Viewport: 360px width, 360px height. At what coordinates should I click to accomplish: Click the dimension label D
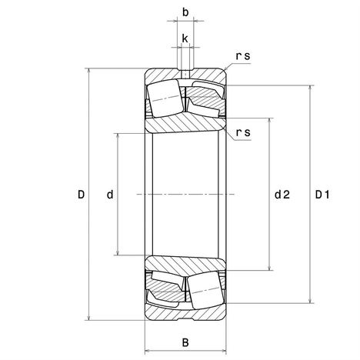point(81,195)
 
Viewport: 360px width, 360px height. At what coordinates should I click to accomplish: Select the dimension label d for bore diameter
point(110,195)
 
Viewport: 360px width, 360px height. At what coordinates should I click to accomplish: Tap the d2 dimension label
point(282,195)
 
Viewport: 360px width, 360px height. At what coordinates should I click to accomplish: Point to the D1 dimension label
point(322,195)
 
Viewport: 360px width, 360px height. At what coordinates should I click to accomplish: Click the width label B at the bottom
point(185,342)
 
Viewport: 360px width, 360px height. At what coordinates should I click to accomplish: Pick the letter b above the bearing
point(185,12)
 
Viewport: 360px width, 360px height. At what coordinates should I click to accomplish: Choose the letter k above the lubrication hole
point(185,38)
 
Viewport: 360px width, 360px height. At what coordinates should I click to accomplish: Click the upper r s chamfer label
point(243,56)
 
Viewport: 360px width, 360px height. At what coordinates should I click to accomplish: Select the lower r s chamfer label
point(243,132)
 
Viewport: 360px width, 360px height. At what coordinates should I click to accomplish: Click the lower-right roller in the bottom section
point(205,290)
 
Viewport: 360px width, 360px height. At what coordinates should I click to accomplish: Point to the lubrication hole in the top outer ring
point(185,74)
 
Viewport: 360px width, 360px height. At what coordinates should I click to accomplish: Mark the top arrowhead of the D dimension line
point(89,71)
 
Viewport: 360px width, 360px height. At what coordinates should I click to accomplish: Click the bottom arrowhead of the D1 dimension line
point(310,301)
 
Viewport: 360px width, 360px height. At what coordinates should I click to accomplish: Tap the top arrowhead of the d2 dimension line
point(269,121)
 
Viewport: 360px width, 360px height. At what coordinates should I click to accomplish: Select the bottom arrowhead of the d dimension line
point(118,252)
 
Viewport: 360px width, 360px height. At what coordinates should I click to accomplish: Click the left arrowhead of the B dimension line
point(148,351)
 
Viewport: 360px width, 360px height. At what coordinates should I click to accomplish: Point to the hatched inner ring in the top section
point(185,125)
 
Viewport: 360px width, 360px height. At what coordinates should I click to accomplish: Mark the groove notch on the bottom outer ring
point(185,319)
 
